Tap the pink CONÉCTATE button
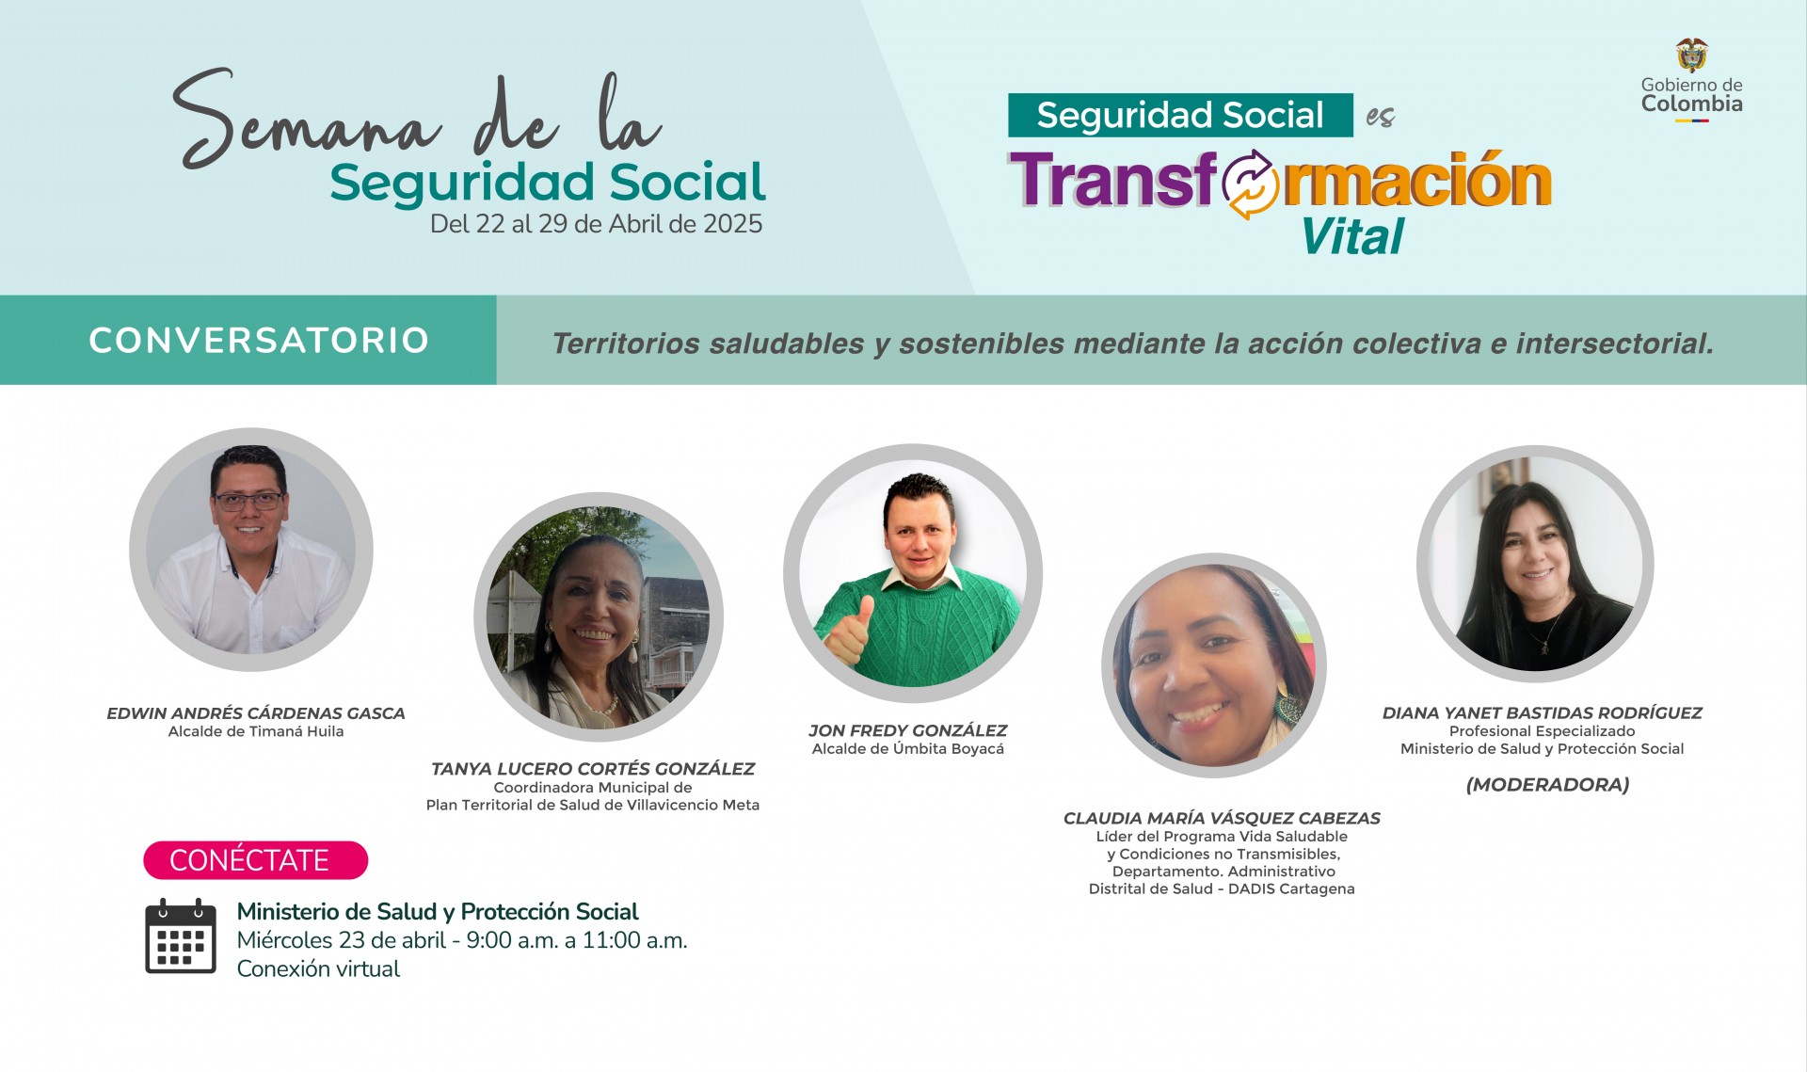255,860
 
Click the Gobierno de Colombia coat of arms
1692,55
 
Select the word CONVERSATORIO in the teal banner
259,341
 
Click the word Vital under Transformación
1352,236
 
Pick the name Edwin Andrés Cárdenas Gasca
256,713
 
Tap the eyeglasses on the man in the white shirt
248,501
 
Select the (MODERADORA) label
1547,785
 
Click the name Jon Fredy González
907,730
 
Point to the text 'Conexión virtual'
318,968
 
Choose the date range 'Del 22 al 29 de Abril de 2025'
596,224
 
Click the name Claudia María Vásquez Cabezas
1222,819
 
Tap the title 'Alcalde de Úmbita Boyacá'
907,749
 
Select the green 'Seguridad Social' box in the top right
1180,115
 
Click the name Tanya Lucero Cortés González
593,769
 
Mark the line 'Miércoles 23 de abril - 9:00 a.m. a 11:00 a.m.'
462,940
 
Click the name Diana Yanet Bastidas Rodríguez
1542,713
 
